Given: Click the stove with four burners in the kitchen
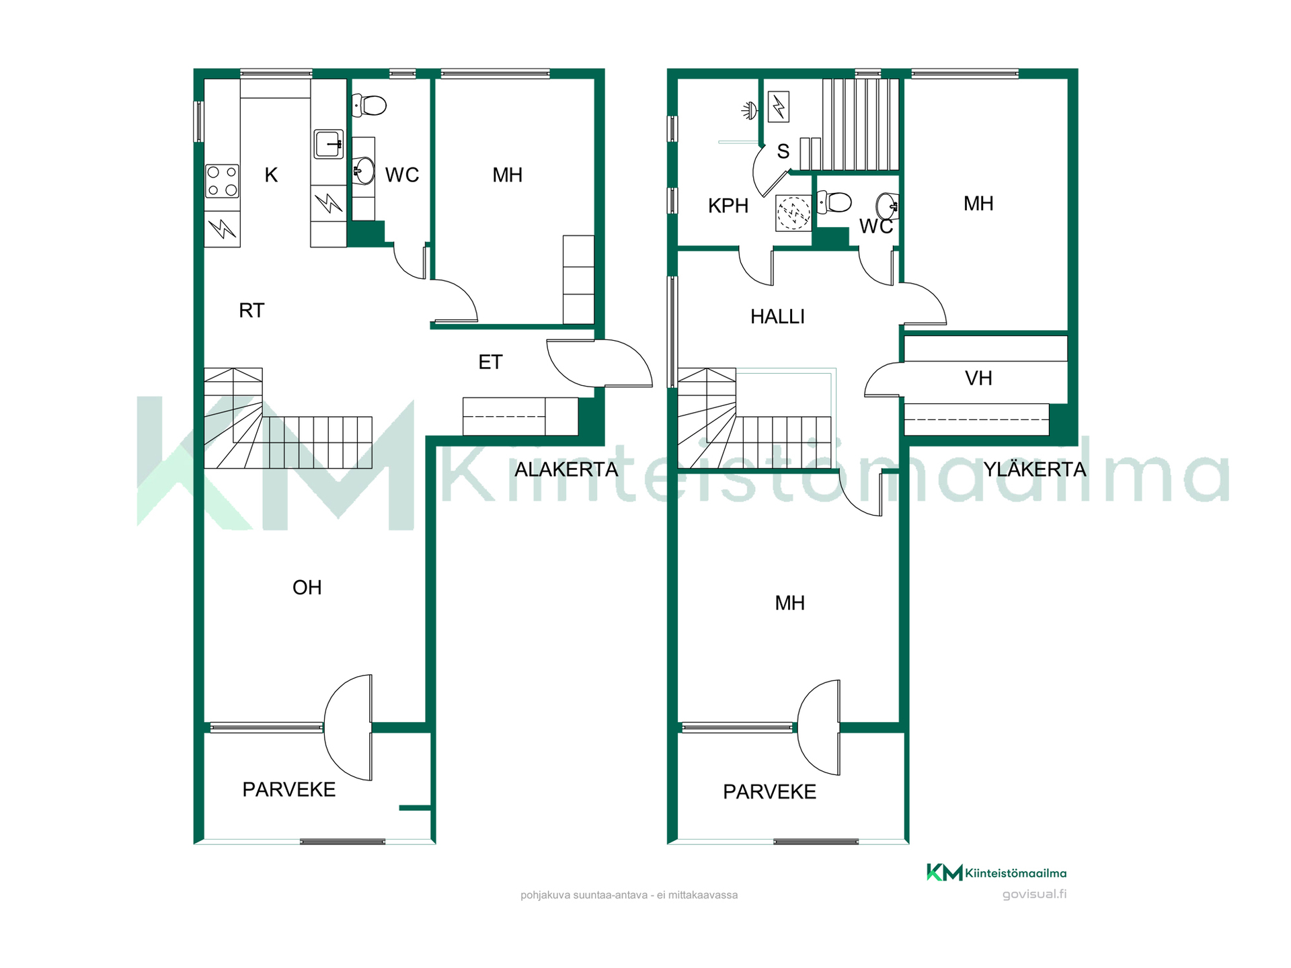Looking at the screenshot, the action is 223,182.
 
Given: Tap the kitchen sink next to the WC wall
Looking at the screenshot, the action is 329,144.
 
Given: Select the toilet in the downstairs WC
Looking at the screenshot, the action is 369,105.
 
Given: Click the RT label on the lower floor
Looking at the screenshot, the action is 251,311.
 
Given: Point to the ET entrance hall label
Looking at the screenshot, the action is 490,362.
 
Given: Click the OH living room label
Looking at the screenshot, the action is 307,588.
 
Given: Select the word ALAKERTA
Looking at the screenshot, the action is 566,469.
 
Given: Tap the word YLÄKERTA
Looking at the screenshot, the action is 1035,469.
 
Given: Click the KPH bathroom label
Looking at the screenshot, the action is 728,206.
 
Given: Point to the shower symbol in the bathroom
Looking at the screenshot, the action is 750,110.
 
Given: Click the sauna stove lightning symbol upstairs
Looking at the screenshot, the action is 779,106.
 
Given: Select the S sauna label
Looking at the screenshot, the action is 783,151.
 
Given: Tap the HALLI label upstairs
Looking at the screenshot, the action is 777,317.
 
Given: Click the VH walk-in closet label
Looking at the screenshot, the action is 978,378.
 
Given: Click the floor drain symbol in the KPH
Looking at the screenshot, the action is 793,213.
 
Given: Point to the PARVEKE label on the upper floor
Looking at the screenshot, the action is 769,792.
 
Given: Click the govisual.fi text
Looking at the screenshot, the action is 1034,894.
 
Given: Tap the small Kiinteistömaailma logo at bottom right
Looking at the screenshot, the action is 996,873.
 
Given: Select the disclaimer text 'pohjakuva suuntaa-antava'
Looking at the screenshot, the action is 584,895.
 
